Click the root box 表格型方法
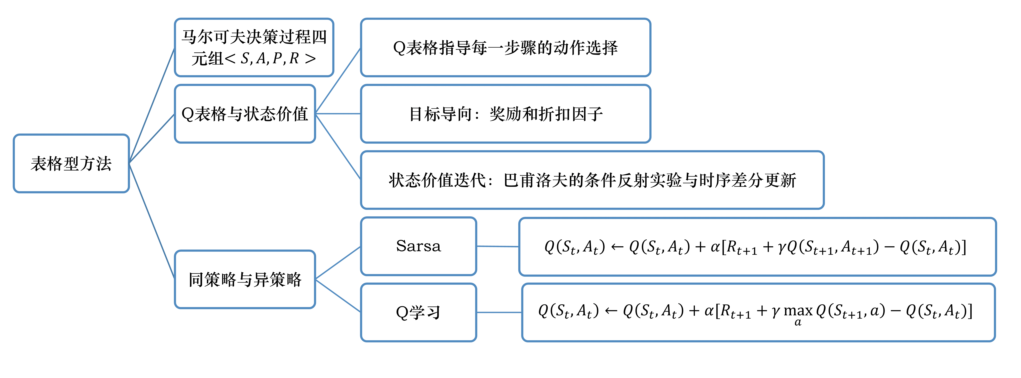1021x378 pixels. [71, 163]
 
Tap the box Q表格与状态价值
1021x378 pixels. [245, 114]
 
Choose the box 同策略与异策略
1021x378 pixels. [245, 279]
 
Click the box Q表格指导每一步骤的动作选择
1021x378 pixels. [505, 48]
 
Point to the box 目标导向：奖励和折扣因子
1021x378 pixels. [505, 114]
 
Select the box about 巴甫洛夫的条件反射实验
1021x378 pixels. [592, 180]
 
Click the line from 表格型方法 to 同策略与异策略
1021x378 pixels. [152, 221]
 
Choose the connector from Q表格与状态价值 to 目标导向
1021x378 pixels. [338, 114]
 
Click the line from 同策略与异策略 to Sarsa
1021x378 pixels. [338, 263]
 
